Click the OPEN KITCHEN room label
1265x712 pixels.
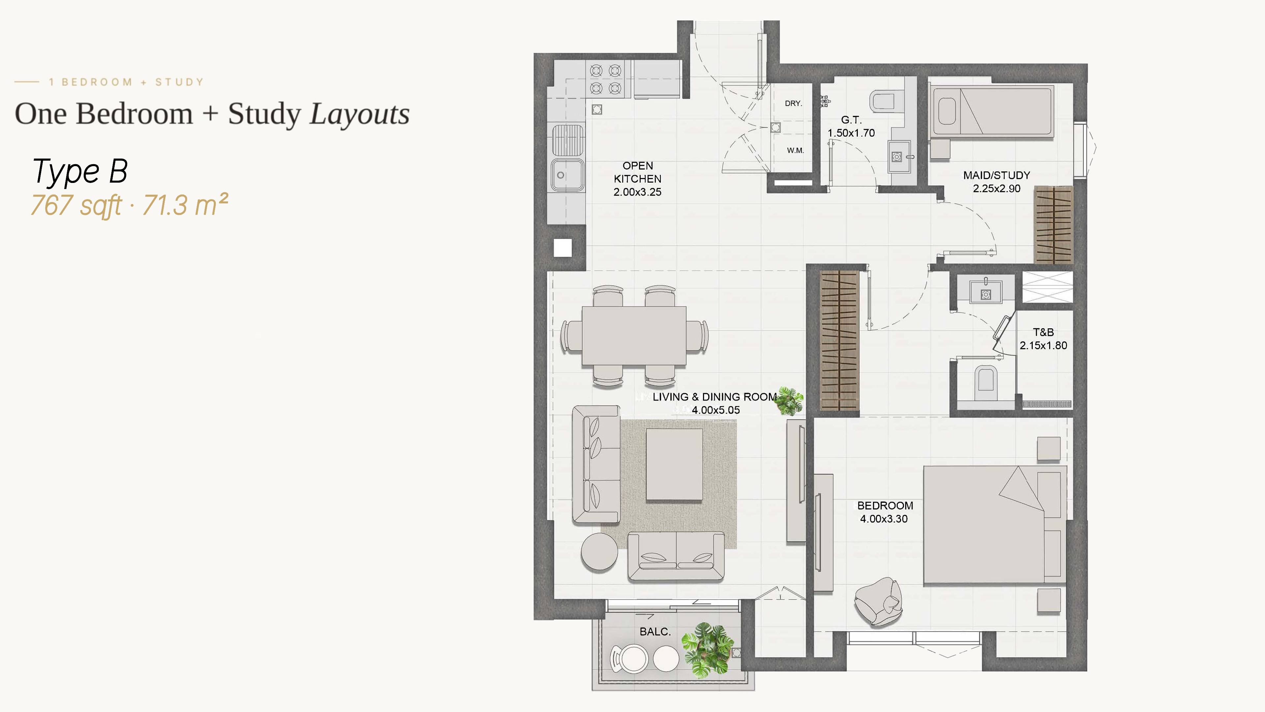pyautogui.click(x=637, y=179)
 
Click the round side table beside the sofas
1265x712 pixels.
pyautogui.click(x=600, y=551)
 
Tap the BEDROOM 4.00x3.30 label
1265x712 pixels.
pyautogui.click(x=885, y=512)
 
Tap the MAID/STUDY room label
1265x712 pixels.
pyautogui.click(x=997, y=175)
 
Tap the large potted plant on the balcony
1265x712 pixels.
pyautogui.click(x=707, y=650)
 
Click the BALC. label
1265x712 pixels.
pyautogui.click(x=655, y=632)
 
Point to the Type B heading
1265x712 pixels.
pyautogui.click(x=80, y=172)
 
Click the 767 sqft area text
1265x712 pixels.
pyautogui.click(x=76, y=205)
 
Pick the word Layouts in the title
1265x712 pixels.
pyautogui.click(x=359, y=114)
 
